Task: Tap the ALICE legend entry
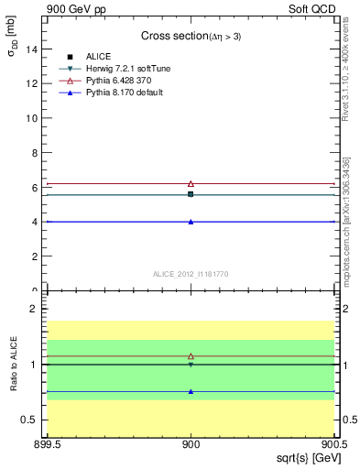(x=98, y=57)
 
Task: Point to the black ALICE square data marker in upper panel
(x=191, y=194)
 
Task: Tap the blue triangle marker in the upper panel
(x=191, y=222)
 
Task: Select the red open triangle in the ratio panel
(x=191, y=355)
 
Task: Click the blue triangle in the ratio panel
(x=191, y=391)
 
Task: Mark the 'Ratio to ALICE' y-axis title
(x=14, y=365)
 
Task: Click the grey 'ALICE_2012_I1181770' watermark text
(x=191, y=273)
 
